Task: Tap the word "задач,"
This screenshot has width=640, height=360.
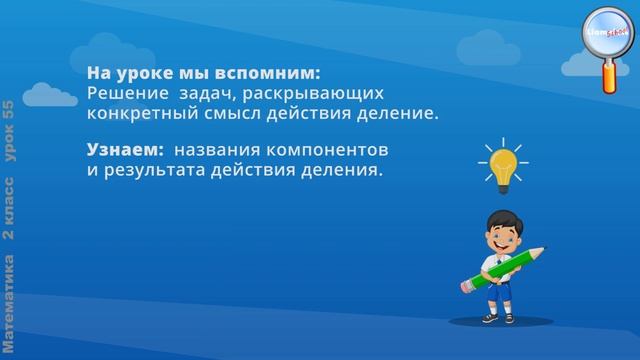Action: coord(200,94)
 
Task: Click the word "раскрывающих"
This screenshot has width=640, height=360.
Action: coord(300,94)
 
